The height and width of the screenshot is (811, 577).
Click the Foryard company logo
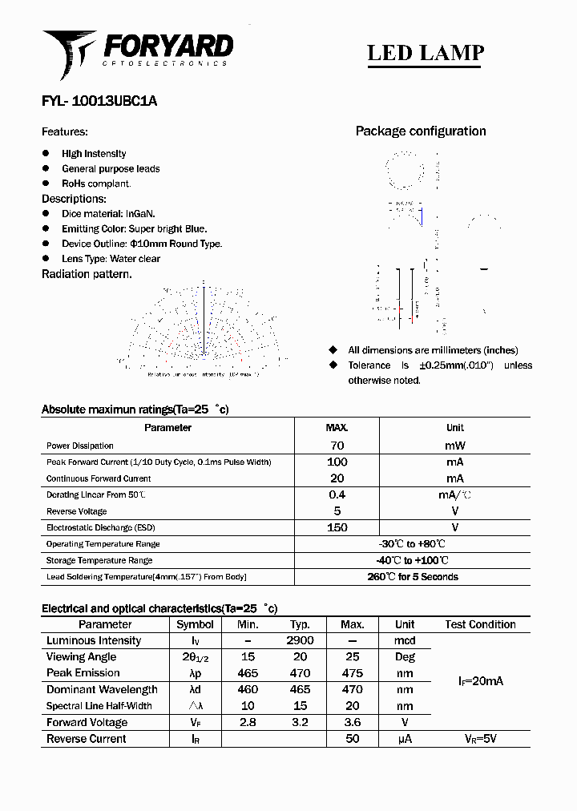[x=137, y=50]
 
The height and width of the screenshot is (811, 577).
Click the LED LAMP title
[x=425, y=53]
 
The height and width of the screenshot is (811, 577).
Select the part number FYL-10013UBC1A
[x=99, y=101]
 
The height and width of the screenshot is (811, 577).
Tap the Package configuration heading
[x=421, y=131]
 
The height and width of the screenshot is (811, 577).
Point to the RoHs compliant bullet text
[x=96, y=184]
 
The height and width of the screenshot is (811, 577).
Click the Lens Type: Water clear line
[x=111, y=259]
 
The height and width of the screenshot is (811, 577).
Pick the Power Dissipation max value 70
[x=337, y=446]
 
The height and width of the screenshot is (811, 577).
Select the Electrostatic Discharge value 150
[x=337, y=527]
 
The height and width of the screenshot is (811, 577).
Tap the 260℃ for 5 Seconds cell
[x=412, y=577]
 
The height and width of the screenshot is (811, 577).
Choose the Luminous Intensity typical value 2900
[x=300, y=641]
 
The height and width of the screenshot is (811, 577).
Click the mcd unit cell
[x=405, y=641]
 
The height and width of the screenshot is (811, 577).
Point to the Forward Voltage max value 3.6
[x=352, y=723]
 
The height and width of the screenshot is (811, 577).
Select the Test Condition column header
[x=480, y=624]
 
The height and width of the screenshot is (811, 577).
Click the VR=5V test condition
[x=480, y=739]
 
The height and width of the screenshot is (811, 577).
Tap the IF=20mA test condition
[x=480, y=681]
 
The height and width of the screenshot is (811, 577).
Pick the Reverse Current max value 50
[x=352, y=739]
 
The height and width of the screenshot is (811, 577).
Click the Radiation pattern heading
[x=87, y=274]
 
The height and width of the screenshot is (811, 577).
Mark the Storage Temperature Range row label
[x=99, y=560]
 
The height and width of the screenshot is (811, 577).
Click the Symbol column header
[x=195, y=624]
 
